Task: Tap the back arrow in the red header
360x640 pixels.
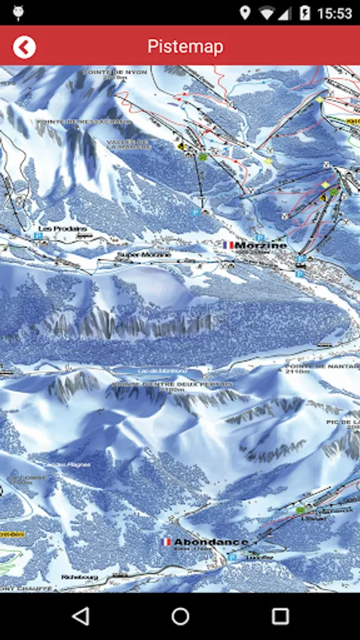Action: (24, 47)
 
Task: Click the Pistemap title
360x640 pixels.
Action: (185, 47)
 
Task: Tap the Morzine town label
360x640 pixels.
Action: (260, 245)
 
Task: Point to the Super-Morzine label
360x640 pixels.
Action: (144, 255)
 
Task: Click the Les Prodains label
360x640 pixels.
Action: (64, 229)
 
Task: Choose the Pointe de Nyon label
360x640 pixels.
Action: (114, 73)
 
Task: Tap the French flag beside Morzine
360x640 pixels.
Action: (228, 245)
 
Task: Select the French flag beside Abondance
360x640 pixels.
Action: (167, 542)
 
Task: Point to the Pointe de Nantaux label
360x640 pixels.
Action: (334, 366)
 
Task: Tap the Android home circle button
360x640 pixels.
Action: (180, 616)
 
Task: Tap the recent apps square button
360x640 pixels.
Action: (280, 616)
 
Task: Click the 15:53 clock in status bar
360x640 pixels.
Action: (334, 13)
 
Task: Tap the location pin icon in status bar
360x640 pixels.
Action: (245, 13)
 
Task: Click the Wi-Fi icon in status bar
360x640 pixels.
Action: (268, 13)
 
